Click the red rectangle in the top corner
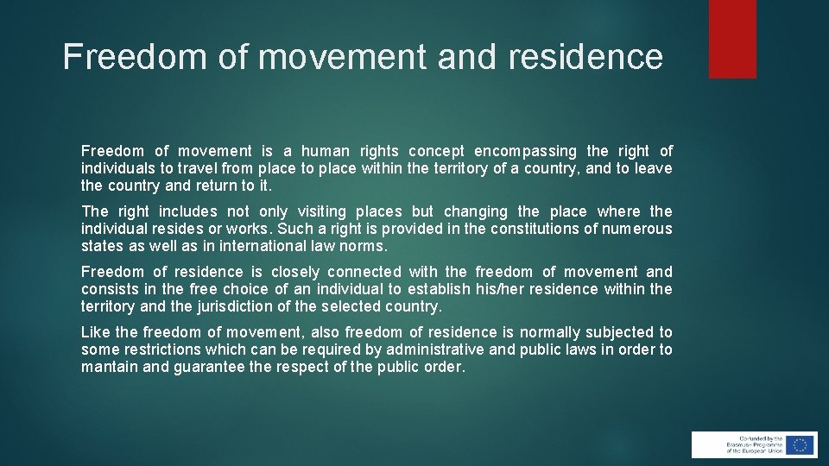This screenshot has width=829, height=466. pos(732,38)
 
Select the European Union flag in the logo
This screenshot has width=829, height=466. pos(800,445)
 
